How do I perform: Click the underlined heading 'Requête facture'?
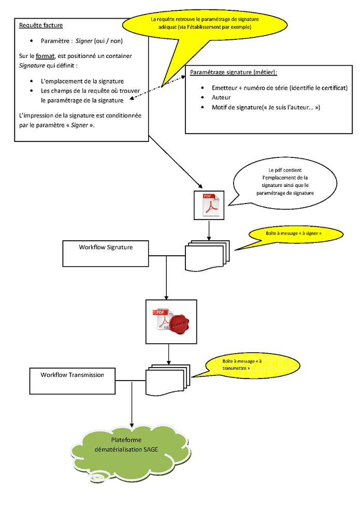click(x=41, y=25)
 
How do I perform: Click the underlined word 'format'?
click(x=45, y=56)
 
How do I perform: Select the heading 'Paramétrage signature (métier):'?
click(x=234, y=72)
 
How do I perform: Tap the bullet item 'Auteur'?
click(x=221, y=97)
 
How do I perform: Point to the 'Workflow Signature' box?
click(x=106, y=254)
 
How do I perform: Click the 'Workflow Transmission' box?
click(x=73, y=381)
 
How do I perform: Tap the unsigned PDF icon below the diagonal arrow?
click(x=209, y=206)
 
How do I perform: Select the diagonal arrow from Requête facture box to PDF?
click(x=175, y=162)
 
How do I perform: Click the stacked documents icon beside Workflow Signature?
click(x=207, y=256)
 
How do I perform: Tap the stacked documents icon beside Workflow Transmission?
click(x=168, y=380)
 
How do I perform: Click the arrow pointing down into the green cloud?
click(x=132, y=405)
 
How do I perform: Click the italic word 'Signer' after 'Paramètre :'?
click(x=84, y=41)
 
